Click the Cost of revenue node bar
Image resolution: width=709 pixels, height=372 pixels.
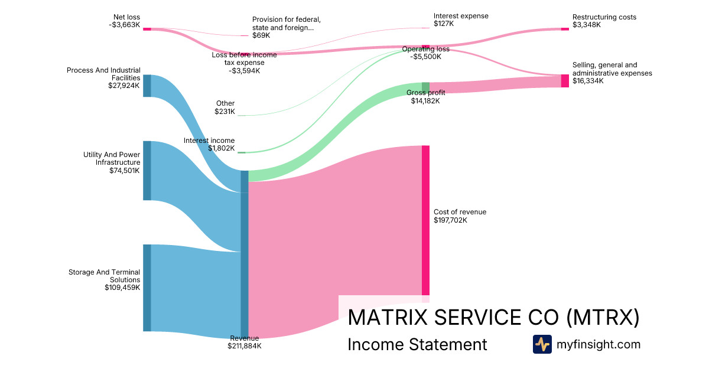pos(425,220)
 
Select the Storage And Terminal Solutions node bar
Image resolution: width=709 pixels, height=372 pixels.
pos(147,288)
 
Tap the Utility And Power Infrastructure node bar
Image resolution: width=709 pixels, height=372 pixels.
pos(147,171)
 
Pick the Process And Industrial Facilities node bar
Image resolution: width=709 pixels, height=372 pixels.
pos(147,86)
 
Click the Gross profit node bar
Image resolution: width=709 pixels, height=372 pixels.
pos(425,87)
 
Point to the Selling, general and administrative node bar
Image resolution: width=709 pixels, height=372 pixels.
pos(565,81)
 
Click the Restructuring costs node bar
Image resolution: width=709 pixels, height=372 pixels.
pos(565,28)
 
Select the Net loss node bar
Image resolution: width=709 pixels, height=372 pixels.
pos(147,28)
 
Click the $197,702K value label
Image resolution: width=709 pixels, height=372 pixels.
pos(450,220)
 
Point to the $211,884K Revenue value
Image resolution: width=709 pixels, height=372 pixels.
pos(244,346)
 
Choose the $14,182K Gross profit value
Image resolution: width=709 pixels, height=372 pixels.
pos(425,101)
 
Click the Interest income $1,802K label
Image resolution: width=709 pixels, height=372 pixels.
pos(209,144)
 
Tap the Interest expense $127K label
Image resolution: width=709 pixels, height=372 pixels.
pos(461,20)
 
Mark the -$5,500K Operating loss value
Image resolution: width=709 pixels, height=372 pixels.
pos(425,57)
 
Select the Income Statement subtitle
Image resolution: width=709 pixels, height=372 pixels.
pos(417,344)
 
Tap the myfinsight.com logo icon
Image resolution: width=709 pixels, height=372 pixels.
pos(542,344)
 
